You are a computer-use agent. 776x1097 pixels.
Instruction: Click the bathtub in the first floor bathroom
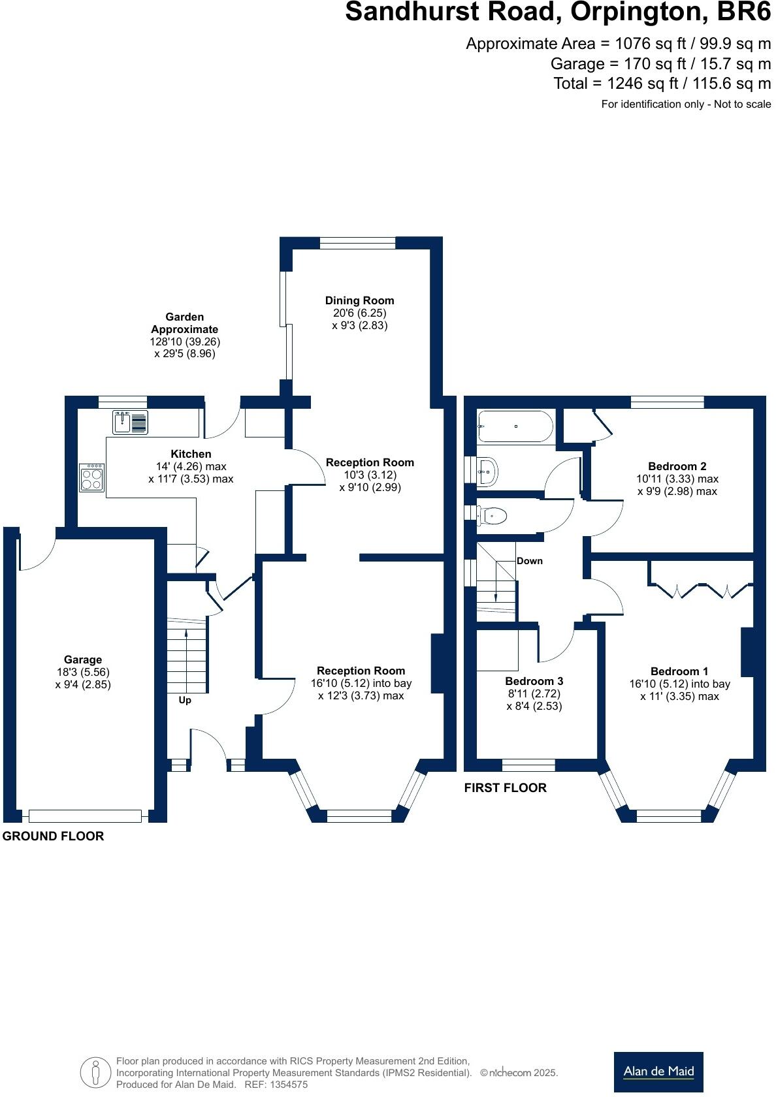point(515,426)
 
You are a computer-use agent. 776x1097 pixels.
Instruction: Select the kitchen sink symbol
point(130,422)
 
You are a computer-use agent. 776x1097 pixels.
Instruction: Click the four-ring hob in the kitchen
point(92,477)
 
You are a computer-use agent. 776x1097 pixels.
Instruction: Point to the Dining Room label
point(359,300)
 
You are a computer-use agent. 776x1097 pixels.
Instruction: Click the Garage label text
point(83,660)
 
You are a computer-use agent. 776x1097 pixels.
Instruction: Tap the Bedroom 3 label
point(534,681)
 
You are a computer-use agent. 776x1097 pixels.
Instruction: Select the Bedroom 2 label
point(677,466)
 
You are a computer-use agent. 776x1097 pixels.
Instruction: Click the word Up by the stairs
point(185,700)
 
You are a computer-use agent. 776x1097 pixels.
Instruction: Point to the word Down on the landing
point(529,561)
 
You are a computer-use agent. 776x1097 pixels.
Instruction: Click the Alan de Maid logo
point(658,1072)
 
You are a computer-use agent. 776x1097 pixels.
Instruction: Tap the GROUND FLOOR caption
point(53,836)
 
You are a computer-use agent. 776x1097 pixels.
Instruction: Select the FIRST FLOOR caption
point(505,787)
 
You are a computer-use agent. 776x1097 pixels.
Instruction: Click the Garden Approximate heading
point(185,323)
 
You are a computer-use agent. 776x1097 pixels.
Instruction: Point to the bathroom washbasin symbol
point(487,470)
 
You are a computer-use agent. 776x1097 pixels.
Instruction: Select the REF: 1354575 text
point(276,1085)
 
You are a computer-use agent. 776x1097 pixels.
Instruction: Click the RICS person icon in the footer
point(95,1072)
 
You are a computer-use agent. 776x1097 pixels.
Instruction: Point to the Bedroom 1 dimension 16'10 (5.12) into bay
point(679,684)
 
